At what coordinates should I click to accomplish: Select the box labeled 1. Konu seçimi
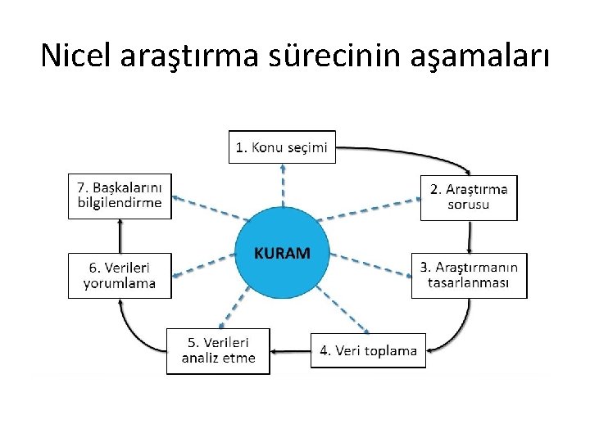282,147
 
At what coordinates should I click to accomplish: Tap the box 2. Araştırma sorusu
469,197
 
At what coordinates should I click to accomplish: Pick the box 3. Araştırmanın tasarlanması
469,275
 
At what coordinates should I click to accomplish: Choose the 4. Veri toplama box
368,350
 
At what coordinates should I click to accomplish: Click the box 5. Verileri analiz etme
218,350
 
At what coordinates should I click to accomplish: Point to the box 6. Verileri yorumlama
120,275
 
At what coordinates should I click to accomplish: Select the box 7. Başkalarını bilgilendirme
120,196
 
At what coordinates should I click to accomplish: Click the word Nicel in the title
76,55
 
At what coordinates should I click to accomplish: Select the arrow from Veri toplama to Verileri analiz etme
290,351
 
